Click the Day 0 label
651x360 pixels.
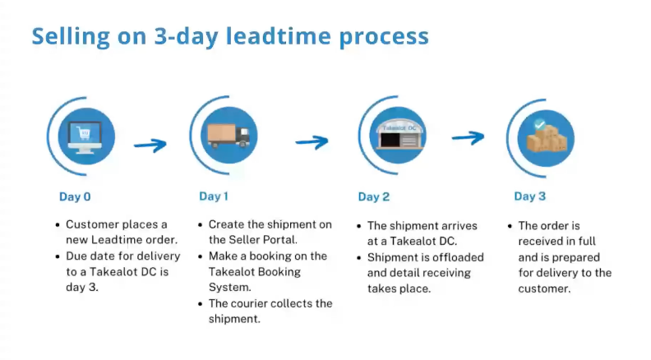75,196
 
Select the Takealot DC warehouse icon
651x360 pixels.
392,136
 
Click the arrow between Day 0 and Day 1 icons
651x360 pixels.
150,145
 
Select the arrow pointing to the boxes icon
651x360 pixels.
468,137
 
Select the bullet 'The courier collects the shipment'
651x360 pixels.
270,311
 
